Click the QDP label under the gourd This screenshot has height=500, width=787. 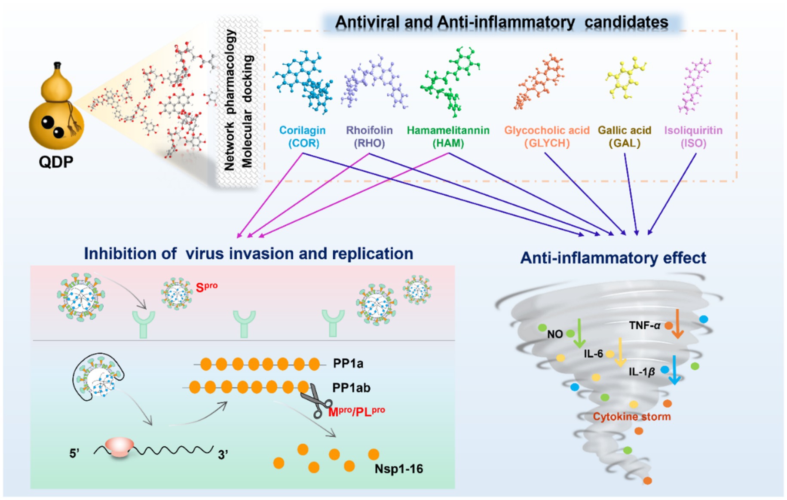pos(56,162)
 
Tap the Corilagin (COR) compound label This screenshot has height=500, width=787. pos(303,136)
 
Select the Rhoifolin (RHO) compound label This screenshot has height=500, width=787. pos(369,136)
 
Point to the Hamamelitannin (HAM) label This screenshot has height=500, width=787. pos(448,136)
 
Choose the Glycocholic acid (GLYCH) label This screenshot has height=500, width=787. pos(547,136)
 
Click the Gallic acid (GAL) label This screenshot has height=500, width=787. pos(625,136)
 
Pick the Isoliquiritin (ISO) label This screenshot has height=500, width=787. pos(693,136)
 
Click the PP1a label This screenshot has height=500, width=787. pos(348,364)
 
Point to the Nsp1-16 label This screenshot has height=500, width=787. pos(398,468)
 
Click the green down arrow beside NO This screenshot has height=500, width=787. pos(579,333)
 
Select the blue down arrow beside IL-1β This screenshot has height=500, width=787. pos(674,370)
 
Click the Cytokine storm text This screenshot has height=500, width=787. pos(631,417)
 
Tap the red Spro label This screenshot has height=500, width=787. pos(206,287)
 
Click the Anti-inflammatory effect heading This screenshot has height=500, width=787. pos(613,258)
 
